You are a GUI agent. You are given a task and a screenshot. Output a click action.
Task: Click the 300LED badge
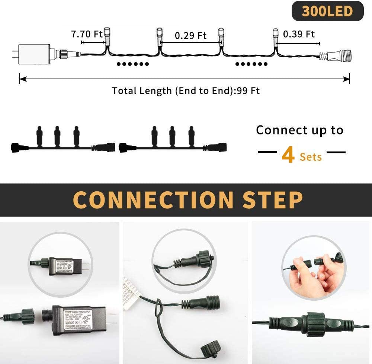pyautogui.click(x=327, y=11)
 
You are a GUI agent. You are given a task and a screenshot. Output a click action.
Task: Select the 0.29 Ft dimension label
pyautogui.click(x=190, y=35)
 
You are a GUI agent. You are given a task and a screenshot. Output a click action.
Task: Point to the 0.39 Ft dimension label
pyautogui.click(x=299, y=34)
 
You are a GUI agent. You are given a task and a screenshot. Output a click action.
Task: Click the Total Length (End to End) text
pyautogui.click(x=186, y=91)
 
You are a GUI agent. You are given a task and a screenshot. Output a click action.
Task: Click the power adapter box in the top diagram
pyautogui.click(x=34, y=54)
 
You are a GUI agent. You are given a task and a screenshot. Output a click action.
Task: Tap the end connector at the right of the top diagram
pyautogui.click(x=337, y=57)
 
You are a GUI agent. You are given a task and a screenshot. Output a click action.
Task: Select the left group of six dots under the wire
pyautogui.click(x=133, y=64)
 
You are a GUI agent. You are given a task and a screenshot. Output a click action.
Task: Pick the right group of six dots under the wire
pyautogui.click(x=251, y=64)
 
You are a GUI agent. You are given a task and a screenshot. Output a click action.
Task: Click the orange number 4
pyautogui.click(x=288, y=155)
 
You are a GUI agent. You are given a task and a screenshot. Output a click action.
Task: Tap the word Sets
pyautogui.click(x=311, y=157)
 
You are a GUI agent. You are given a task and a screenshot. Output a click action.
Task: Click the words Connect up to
pyautogui.click(x=299, y=130)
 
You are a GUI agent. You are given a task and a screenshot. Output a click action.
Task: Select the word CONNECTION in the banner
pyautogui.click(x=154, y=200)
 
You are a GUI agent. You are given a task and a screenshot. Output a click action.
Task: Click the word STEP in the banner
pyautogui.click(x=272, y=200)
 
